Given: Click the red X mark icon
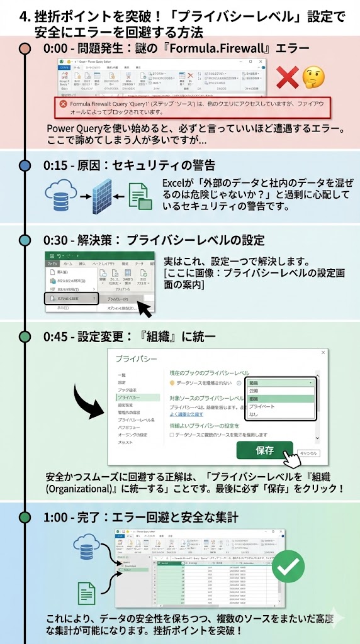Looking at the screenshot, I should point(288,77).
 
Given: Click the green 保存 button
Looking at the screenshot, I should point(264,450).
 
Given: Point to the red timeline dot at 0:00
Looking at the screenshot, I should point(25,48).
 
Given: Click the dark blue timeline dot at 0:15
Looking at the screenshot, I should point(25,165).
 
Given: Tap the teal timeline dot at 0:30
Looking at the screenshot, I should point(25,240).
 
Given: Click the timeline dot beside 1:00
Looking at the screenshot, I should point(25,517).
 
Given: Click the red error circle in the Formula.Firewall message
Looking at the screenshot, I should point(63,103).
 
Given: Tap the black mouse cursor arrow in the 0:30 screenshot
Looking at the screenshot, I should point(144,309).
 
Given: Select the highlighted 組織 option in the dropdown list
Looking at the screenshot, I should point(280,398).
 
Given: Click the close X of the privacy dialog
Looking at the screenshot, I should point(323,354).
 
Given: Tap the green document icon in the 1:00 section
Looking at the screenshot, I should point(87,593).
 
